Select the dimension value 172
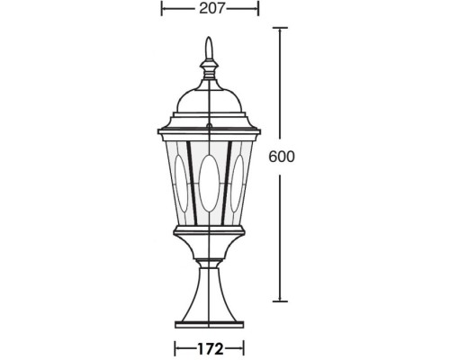[209, 346]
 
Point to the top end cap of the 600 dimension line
[283, 29]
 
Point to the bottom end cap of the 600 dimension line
[283, 302]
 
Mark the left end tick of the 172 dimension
[175, 346]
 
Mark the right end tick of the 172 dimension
[244, 346]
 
